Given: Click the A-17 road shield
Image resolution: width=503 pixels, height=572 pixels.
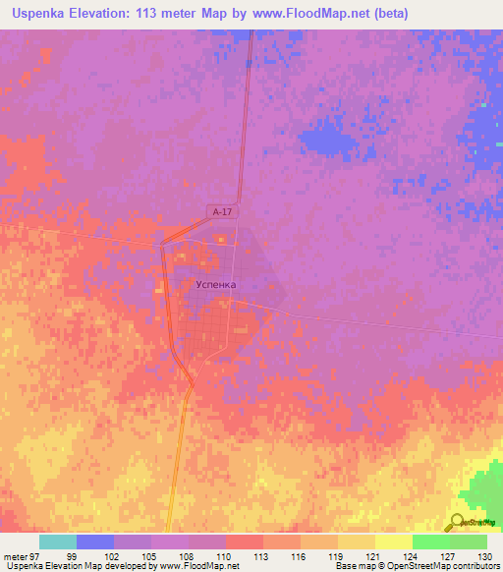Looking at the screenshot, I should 223,210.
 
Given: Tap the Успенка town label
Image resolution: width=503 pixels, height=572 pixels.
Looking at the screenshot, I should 217,284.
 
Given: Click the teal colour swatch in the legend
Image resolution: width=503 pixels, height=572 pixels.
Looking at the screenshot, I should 58,542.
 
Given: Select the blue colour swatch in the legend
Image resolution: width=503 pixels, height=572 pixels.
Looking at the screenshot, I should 95,542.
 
